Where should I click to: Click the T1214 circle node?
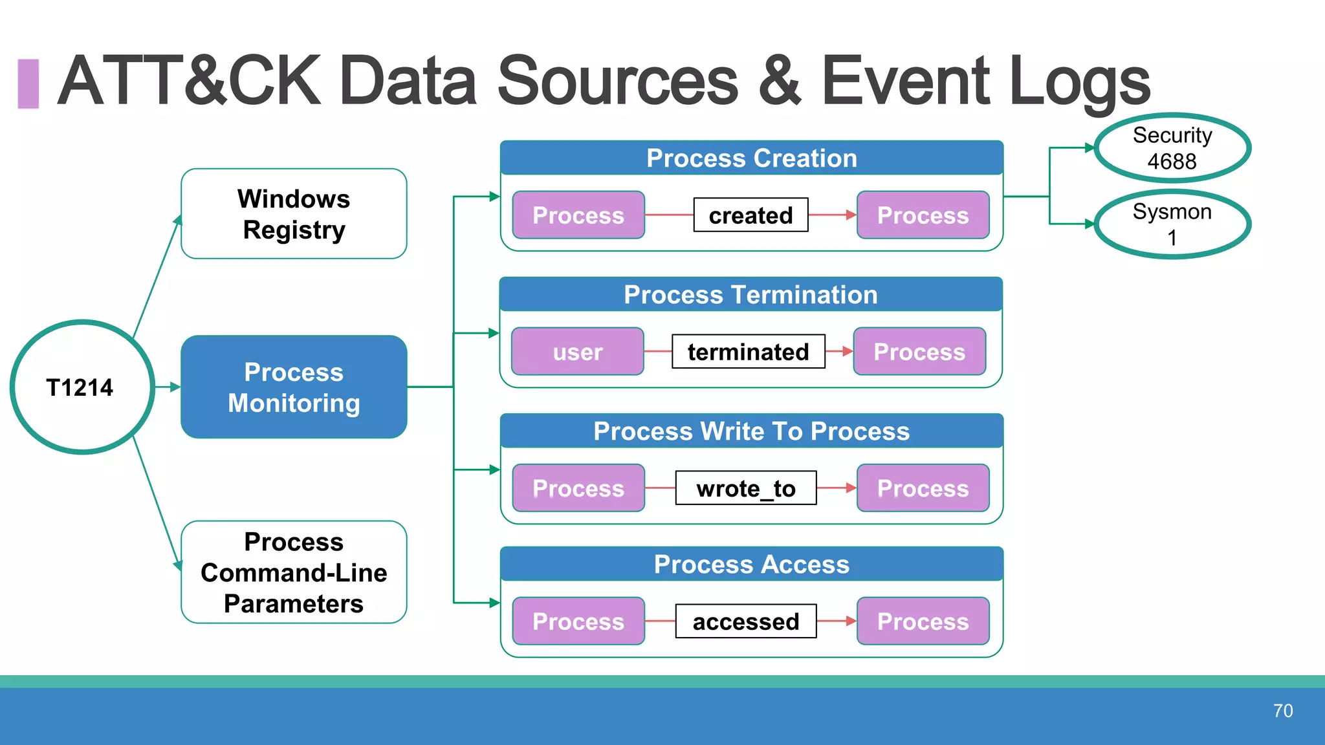[x=82, y=387]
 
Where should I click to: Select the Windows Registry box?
[x=294, y=214]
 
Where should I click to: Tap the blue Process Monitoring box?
[x=294, y=387]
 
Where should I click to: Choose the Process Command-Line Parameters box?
[x=294, y=572]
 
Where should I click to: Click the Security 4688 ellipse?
[x=1172, y=148]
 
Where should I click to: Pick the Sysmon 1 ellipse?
[x=1172, y=224]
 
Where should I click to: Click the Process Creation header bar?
[x=751, y=158]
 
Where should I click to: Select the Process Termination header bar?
[x=750, y=295]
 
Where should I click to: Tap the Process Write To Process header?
[x=751, y=431]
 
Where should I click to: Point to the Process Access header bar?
[x=751, y=565]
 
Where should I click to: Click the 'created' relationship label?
[x=750, y=215]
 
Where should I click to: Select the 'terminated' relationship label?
[x=748, y=352]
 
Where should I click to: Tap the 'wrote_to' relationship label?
[x=745, y=488]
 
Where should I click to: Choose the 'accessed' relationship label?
[x=745, y=621]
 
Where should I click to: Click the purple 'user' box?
[x=577, y=352]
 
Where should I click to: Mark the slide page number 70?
[x=1282, y=711]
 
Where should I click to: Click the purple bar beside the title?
[x=28, y=83]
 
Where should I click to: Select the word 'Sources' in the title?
[x=617, y=81]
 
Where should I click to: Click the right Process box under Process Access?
[x=923, y=621]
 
